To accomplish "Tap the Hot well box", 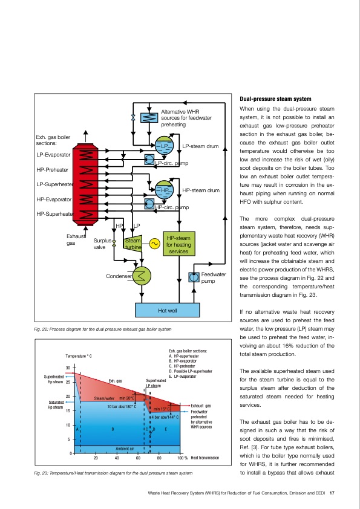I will (x=167, y=310).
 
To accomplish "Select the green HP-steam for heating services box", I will (x=178, y=244).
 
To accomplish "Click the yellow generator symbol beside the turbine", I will (x=154, y=244).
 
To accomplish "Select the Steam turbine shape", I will (x=133, y=244).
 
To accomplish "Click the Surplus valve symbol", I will (x=114, y=244).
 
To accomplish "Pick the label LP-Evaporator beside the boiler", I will (x=53, y=155).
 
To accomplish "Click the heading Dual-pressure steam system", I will (x=276, y=99).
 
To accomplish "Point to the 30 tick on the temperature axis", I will (x=68, y=368).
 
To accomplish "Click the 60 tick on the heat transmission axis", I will (x=137, y=458).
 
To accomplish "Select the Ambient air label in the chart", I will (x=124, y=449).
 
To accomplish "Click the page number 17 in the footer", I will (x=333, y=493).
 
